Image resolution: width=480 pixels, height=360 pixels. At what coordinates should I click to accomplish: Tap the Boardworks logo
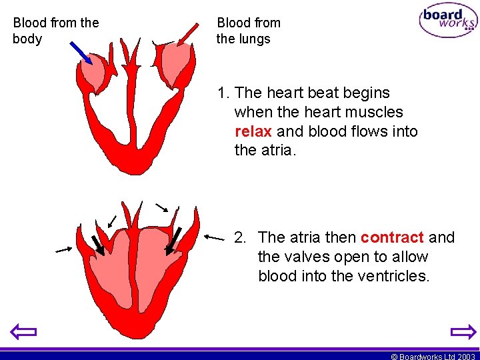(x=448, y=21)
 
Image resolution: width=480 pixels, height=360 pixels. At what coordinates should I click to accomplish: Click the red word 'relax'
(x=253, y=131)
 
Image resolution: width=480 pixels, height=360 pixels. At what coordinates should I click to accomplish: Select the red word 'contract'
(x=392, y=237)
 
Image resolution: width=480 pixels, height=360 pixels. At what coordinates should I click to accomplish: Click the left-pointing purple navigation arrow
(x=24, y=331)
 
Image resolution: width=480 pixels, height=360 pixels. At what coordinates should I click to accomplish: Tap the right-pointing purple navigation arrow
(x=463, y=331)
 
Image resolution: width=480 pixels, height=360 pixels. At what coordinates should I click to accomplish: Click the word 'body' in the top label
(x=27, y=39)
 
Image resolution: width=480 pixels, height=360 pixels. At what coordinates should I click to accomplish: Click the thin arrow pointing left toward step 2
(x=214, y=237)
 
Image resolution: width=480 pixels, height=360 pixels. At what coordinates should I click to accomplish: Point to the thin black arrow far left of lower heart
(x=63, y=250)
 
